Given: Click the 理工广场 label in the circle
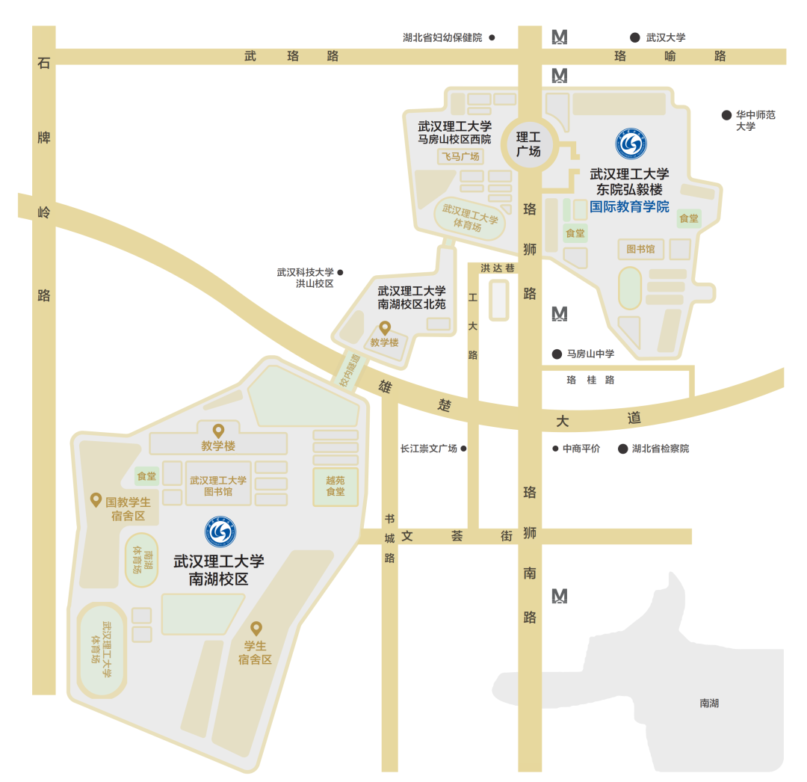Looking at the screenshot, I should click(529, 144).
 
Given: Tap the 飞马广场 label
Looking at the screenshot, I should click(460, 156).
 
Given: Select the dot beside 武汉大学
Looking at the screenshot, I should click(634, 37).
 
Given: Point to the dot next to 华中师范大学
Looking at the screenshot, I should click(726, 115).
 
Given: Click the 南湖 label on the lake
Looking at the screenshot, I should click(709, 704).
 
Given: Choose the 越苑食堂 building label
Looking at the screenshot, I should click(336, 486).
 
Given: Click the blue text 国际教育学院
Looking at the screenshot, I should click(629, 207).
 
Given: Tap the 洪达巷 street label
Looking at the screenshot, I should click(498, 268).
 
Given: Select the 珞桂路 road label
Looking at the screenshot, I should click(590, 380).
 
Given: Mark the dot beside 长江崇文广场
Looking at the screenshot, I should click(463, 449).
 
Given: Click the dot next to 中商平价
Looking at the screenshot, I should click(555, 449).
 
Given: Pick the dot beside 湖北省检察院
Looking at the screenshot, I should click(622, 449).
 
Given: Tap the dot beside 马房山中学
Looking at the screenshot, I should click(557, 354).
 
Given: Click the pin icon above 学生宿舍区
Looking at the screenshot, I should click(256, 628).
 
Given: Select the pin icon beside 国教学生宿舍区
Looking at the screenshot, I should click(96, 499).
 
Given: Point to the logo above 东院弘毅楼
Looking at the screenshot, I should click(631, 144).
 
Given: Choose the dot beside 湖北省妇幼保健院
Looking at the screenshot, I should click(492, 37).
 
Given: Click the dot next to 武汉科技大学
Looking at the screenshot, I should click(341, 272).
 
